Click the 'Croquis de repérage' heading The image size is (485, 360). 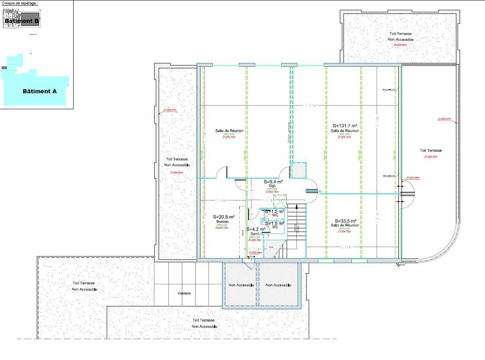(x=20, y=3)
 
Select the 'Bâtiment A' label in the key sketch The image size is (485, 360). (x=39, y=91)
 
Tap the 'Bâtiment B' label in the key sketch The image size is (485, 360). (x=22, y=20)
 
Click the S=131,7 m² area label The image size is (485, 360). (x=345, y=126)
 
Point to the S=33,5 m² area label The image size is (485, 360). (x=345, y=220)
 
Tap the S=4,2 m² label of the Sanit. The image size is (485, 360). (x=256, y=229)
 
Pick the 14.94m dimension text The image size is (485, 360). (x=310, y=106)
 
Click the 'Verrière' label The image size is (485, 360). (x=184, y=293)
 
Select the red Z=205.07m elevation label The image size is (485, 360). (x=444, y=119)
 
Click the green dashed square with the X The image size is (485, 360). (x=280, y=202)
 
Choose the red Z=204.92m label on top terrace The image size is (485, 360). (x=400, y=45)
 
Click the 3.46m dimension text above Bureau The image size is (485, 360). (x=221, y=200)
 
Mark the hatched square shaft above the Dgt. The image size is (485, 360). (x=299, y=170)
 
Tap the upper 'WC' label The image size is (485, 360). (x=275, y=215)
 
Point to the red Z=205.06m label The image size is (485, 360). (x=413, y=178)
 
